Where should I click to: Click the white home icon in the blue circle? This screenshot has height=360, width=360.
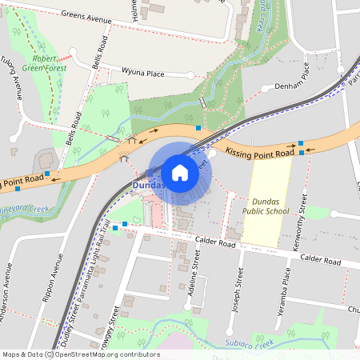point(180,172)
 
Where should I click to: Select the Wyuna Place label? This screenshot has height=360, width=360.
point(142,73)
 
